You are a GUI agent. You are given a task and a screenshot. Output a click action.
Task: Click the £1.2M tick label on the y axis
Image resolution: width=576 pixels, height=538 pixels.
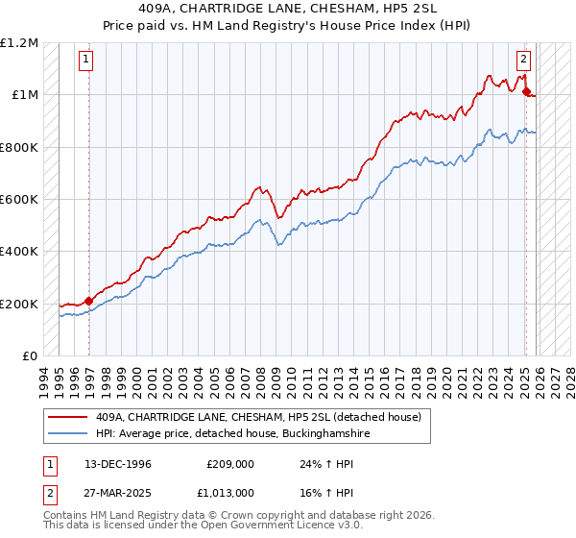coord(19,43)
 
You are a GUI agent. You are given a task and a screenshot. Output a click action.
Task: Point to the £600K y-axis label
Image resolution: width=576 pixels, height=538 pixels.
coord(19,200)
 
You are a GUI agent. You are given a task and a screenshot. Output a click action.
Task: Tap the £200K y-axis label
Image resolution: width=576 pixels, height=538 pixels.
coord(19,305)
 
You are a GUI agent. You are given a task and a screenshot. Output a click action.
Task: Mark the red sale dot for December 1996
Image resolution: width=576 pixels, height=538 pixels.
coord(89,302)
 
